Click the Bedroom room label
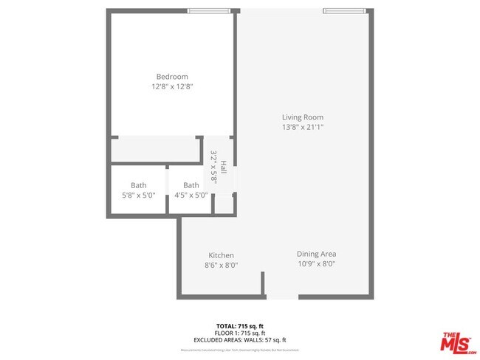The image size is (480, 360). [x=171, y=77]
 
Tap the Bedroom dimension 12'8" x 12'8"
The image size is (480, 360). [x=171, y=87]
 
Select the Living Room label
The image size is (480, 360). [x=303, y=117]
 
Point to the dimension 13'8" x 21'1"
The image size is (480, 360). [x=303, y=128]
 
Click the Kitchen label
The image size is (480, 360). [x=221, y=255]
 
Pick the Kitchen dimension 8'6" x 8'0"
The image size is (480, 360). [x=221, y=266]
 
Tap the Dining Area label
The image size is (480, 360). [x=316, y=254]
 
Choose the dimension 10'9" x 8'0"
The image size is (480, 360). [x=316, y=263]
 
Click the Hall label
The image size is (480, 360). [x=224, y=168]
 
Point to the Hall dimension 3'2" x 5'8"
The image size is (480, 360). [x=214, y=167]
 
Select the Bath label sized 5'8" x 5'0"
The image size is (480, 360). [x=139, y=185]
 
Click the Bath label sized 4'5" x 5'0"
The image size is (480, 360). [x=191, y=185]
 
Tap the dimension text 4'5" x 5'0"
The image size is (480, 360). [x=191, y=195]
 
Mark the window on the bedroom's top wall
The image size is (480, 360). [x=208, y=10]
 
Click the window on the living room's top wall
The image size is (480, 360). [x=343, y=10]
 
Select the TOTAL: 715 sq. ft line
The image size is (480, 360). [x=240, y=325]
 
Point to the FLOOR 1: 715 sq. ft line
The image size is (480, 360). [x=240, y=333]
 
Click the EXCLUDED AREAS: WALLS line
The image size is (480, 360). [x=240, y=340]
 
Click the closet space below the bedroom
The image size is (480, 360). [x=156, y=150]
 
